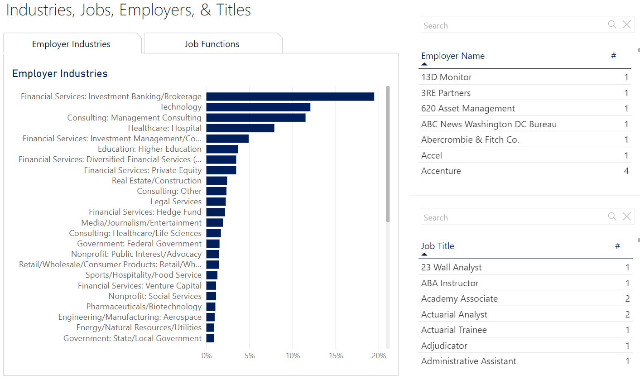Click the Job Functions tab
212,44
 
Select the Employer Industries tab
71,44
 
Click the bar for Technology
258,107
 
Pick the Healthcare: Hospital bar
240,128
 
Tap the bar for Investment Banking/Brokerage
290,96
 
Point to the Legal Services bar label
176,202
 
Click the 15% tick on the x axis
336,356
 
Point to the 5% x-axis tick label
250,356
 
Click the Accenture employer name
441,171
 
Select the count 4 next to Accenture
626,171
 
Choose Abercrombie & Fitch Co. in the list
470,139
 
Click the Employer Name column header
452,56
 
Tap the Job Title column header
437,246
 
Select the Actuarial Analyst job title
454,314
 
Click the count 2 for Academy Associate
627,298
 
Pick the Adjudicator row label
444,346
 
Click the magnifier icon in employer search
612,25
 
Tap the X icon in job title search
626,217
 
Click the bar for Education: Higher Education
222,149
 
